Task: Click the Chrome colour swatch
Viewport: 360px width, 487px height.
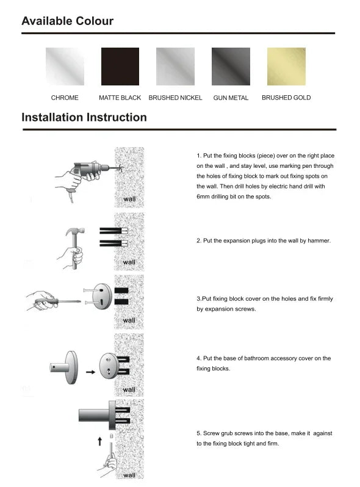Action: pyautogui.click(x=65, y=67)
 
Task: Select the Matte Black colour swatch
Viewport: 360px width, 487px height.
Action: pyautogui.click(x=120, y=67)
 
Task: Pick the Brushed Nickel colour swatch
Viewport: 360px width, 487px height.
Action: pyautogui.click(x=176, y=67)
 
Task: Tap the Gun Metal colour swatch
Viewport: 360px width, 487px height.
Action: pyautogui.click(x=231, y=67)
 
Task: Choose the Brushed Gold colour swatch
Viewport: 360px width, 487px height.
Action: pyautogui.click(x=286, y=67)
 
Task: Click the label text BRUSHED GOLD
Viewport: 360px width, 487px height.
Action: pyautogui.click(x=286, y=98)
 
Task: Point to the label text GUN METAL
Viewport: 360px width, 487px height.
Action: pyautogui.click(x=231, y=98)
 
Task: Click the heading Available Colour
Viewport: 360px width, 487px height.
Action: pyautogui.click(x=67, y=21)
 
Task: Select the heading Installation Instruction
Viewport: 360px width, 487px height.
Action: pyautogui.click(x=84, y=117)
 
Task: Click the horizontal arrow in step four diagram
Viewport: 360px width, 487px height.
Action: pyautogui.click(x=90, y=371)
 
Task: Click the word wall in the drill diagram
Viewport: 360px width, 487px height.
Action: pyautogui.click(x=129, y=200)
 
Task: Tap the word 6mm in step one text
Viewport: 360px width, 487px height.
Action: pyautogui.click(x=204, y=197)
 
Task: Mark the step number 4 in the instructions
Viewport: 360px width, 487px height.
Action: pyautogui.click(x=198, y=358)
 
